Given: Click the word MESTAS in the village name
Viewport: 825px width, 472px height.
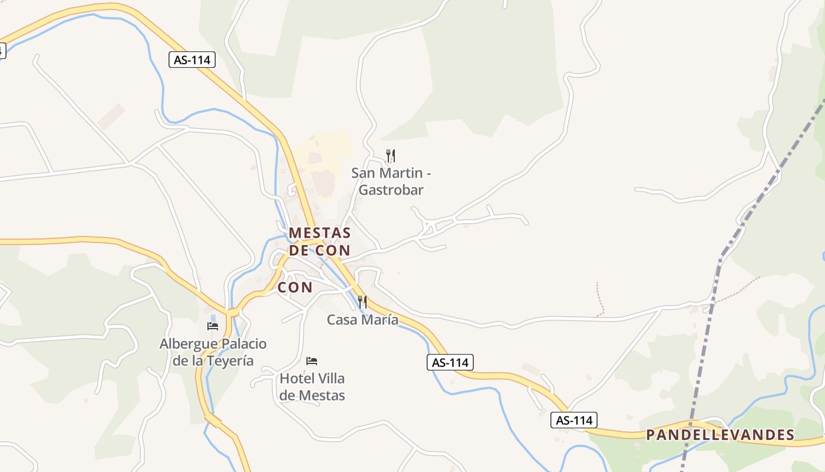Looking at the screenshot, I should coord(319,233).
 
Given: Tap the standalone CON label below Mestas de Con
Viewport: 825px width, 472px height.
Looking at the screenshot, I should coord(295,288).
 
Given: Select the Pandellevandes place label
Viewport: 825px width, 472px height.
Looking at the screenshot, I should coord(720,435).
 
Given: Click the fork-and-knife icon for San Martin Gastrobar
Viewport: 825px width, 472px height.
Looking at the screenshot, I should coord(390,156).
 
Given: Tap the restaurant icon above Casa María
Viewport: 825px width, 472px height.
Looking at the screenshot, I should coord(362,302).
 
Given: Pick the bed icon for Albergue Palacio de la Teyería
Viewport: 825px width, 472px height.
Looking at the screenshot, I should coord(213,326).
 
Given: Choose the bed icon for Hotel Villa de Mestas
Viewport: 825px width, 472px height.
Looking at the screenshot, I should coord(312,360).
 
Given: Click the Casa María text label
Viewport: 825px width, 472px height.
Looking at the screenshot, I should coord(362,320).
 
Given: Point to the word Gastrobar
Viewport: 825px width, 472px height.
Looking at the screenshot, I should coord(391,190).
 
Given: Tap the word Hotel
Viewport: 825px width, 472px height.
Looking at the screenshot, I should coord(297,378).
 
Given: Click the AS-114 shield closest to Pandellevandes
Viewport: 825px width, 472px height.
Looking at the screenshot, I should coord(574,420).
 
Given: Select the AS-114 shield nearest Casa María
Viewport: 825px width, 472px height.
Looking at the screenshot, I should coord(450,362).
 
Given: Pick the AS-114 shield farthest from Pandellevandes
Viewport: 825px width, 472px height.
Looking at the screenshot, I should coord(192,60).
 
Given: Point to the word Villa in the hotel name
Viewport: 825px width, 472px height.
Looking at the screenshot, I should coord(331,378).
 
